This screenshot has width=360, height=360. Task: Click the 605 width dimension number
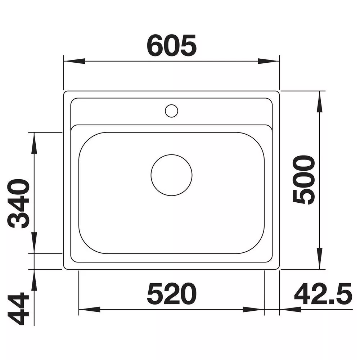click(171, 46)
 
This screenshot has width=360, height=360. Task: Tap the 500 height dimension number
click(304, 180)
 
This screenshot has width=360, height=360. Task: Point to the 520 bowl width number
click(171, 294)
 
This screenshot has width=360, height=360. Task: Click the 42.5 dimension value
click(323, 294)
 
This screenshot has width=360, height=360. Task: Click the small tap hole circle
click(171, 111)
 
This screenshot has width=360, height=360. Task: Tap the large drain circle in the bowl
click(171, 175)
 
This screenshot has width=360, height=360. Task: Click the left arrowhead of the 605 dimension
click(74, 61)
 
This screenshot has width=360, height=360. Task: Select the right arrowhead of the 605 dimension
click(269, 61)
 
